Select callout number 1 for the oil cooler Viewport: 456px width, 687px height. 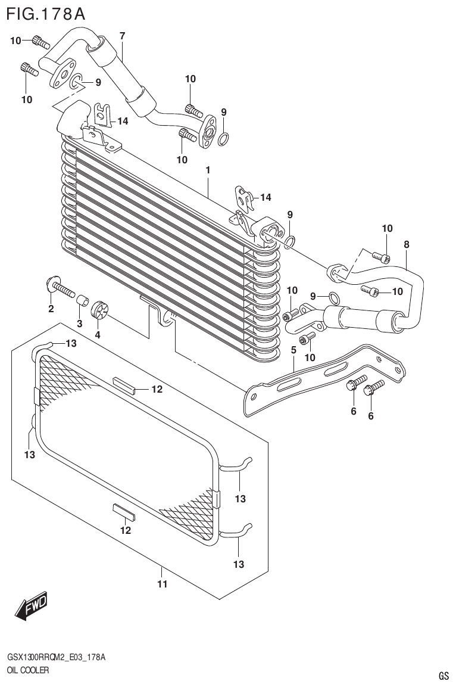(x=208, y=170)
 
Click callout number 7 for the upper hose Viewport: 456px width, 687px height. (x=122, y=36)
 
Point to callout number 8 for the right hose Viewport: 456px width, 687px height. (x=407, y=244)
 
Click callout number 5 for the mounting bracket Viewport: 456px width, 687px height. (x=293, y=350)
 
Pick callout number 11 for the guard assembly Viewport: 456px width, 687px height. (x=162, y=584)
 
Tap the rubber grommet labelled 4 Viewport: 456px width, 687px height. (x=101, y=311)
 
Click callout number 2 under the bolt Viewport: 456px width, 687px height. (x=51, y=308)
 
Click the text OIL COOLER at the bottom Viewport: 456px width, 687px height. (x=28, y=670)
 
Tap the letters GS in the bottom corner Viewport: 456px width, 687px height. (x=443, y=676)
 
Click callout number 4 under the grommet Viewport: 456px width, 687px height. (x=98, y=334)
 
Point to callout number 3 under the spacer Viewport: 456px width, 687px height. (x=79, y=324)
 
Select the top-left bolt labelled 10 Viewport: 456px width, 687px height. (x=39, y=41)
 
